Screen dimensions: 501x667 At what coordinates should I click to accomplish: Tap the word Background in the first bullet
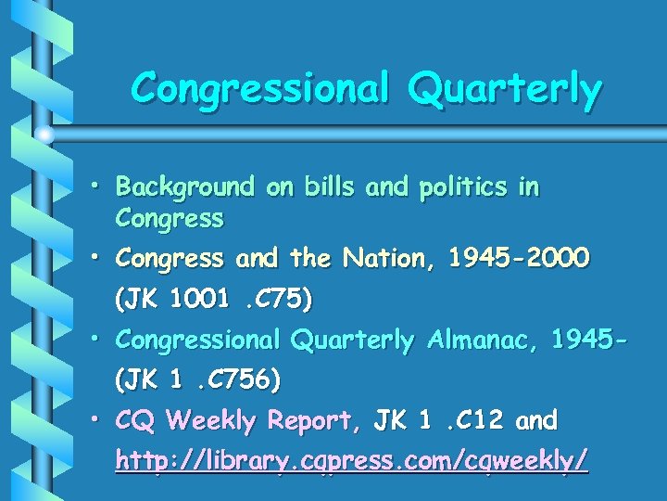coord(184,187)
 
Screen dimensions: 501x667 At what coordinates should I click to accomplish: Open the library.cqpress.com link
coord(351,460)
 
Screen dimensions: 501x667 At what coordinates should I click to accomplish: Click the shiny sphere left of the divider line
coord(44,135)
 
